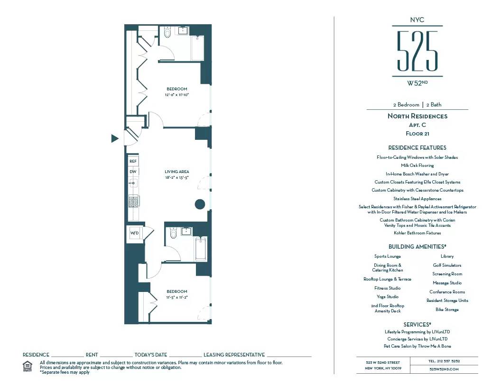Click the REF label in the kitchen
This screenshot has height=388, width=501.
[133, 162]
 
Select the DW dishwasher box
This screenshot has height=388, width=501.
[133, 172]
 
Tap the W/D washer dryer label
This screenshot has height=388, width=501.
[134, 233]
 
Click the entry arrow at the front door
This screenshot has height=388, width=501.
[114, 138]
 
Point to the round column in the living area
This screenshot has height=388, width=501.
[200, 204]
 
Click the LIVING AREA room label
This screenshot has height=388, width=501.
[176, 172]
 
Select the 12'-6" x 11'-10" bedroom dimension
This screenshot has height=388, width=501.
[176, 95]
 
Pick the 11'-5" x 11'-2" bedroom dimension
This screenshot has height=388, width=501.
[176, 297]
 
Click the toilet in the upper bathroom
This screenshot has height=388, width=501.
[167, 33]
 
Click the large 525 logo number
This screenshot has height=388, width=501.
[417, 51]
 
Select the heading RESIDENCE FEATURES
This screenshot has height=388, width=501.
[417, 148]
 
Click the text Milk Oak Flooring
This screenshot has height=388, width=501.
[417, 165]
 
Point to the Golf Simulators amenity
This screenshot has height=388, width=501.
[447, 265]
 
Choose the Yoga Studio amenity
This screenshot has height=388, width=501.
[387, 297]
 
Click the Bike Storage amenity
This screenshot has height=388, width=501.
[447, 310]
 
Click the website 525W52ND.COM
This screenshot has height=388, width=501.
[444, 369]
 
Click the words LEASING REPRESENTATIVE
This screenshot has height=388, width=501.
[234, 355]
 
